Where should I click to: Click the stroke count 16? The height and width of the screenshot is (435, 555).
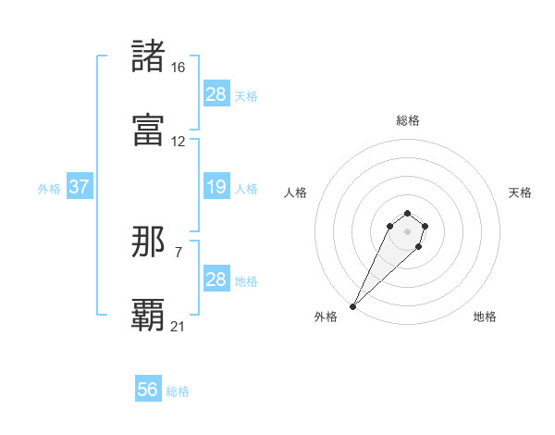[x=178, y=68]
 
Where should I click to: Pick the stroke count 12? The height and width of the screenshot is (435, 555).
[x=178, y=142]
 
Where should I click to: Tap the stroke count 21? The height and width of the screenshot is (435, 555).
[x=178, y=326]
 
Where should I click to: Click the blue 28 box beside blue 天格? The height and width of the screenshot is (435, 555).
[x=216, y=94]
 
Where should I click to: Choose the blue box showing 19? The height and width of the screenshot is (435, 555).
[x=216, y=187]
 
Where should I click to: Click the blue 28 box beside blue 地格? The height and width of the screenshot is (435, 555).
[x=216, y=280]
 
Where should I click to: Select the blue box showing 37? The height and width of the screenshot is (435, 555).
[x=79, y=187]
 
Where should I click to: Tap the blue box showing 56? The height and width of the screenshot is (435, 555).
[x=147, y=390]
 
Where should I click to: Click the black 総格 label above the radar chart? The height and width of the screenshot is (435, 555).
[x=407, y=120]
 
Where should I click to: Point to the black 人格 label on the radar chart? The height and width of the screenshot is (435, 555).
[x=296, y=193]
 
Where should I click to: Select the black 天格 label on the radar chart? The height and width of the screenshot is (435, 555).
[x=520, y=193]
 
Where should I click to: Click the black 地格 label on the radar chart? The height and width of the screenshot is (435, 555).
[x=485, y=317]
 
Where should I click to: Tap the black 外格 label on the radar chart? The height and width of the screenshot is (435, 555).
[x=326, y=317]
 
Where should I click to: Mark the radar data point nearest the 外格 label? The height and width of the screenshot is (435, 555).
[x=353, y=305]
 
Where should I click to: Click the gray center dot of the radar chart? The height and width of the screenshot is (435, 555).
[x=407, y=231]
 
